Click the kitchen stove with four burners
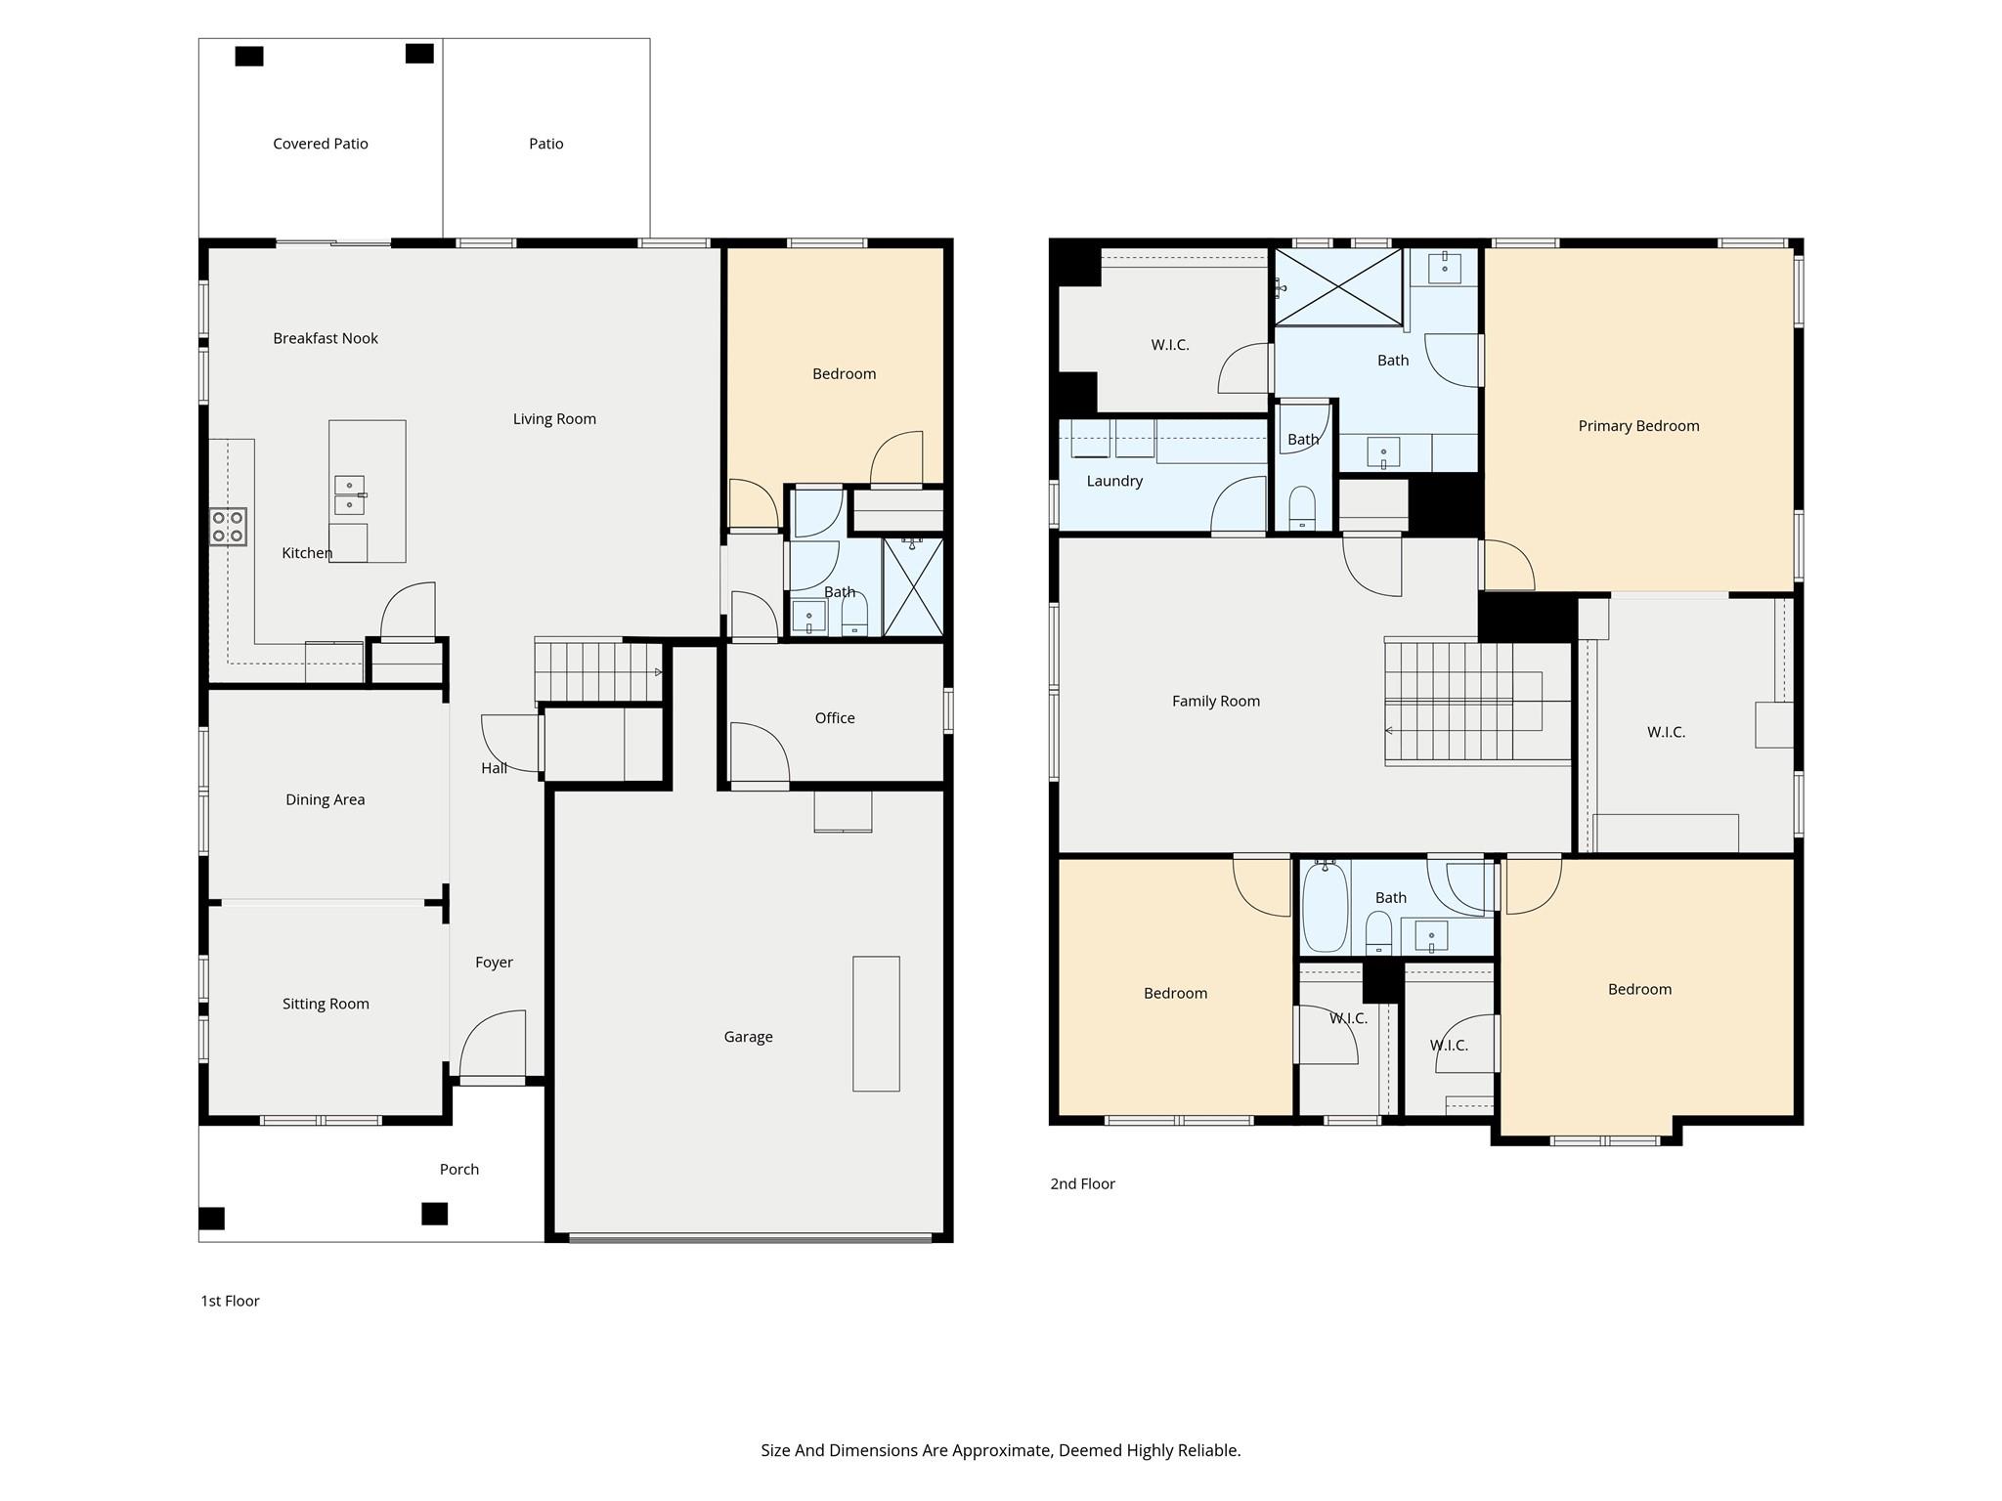pyautogui.click(x=228, y=527)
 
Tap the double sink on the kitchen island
pyautogui.click(x=349, y=494)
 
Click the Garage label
pyautogui.click(x=748, y=1037)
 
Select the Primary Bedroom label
pyautogui.click(x=1638, y=426)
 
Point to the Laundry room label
pyautogui.click(x=1114, y=481)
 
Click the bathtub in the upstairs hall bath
pyautogui.click(x=1325, y=907)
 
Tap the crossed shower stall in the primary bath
pyautogui.click(x=1338, y=287)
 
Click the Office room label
pyautogui.click(x=835, y=718)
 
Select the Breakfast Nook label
pyautogui.click(x=326, y=338)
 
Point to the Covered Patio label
pyautogui.click(x=321, y=144)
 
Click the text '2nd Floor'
pyautogui.click(x=1082, y=1183)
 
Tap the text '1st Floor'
pyautogui.click(x=230, y=1301)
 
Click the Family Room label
pyautogui.click(x=1216, y=701)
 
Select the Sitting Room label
pyautogui.click(x=326, y=1004)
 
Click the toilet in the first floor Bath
pyautogui.click(x=854, y=617)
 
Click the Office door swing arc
pyautogui.click(x=760, y=751)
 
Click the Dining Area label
pyautogui.click(x=326, y=799)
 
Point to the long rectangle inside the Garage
pyautogui.click(x=876, y=1023)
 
